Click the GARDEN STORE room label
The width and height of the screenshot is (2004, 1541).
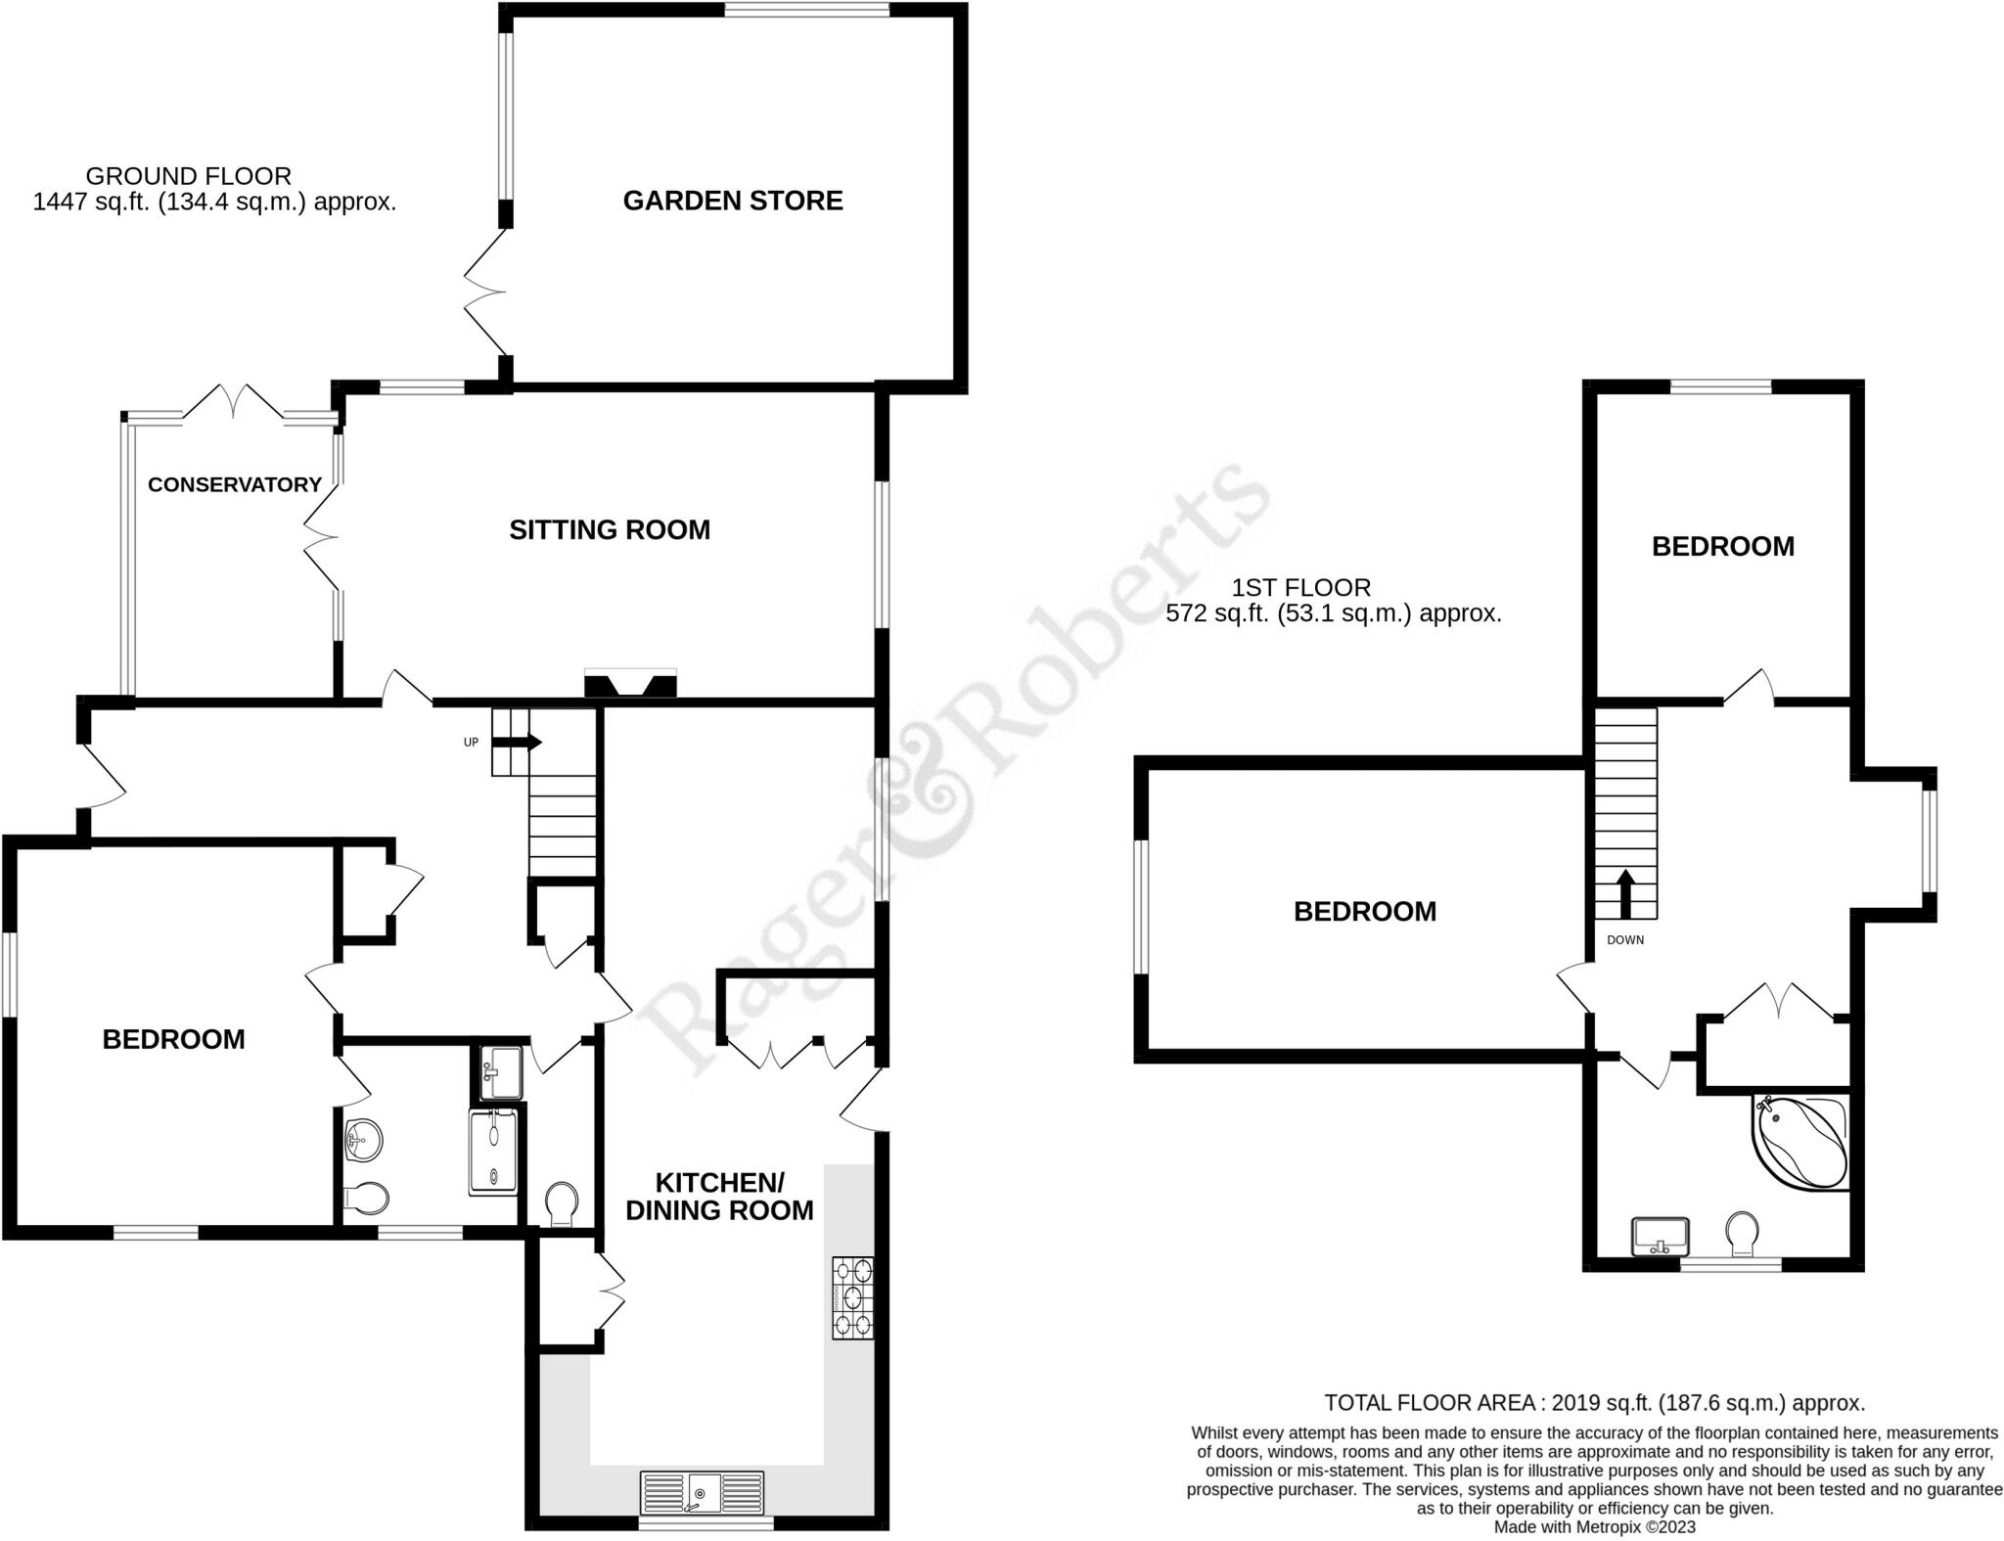pos(733,201)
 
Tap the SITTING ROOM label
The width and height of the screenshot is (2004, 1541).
pos(610,530)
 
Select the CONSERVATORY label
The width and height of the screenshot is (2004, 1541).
pos(235,484)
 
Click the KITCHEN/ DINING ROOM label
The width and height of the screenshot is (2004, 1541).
pos(719,1197)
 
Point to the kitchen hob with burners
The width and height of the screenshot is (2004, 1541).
pos(852,1298)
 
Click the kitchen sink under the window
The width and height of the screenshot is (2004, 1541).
pos(702,1492)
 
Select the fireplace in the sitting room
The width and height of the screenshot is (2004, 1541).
pos(630,683)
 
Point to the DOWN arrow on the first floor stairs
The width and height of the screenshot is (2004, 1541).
pos(1625,893)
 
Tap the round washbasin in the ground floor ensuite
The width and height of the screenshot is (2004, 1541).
pos(363,1139)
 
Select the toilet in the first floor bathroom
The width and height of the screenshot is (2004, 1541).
pos(1742,1233)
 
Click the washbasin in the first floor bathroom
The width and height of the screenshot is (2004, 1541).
pos(1661,1235)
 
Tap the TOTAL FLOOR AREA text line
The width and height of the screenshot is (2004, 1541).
pos(1594,1403)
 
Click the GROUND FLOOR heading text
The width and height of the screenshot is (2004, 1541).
pos(189,176)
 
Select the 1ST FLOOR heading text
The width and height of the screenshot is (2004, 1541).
pos(1300,587)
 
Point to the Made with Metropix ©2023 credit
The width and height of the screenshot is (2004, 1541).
pos(1594,1526)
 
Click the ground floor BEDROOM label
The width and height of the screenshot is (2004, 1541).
pos(174,1039)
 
